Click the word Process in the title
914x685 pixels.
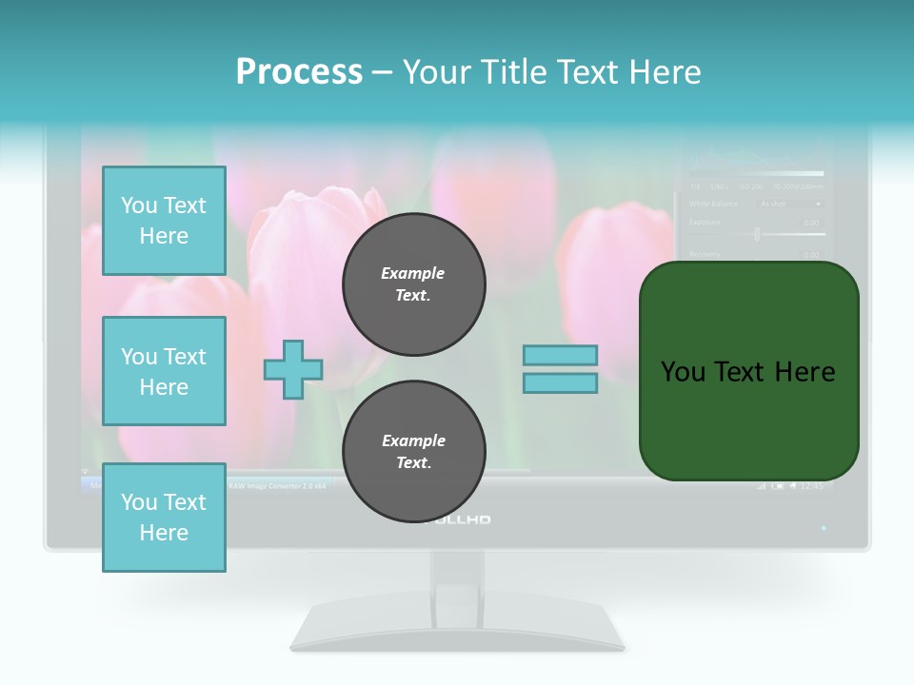(299, 72)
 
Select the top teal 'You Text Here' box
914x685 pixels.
(164, 221)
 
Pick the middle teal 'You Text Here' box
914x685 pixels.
(164, 371)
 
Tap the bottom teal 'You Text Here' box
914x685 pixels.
(164, 518)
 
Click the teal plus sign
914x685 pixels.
(293, 369)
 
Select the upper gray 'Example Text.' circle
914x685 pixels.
(413, 284)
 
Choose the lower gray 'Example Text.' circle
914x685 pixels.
(413, 452)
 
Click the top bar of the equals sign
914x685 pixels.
(560, 355)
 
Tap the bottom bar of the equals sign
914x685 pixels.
(560, 383)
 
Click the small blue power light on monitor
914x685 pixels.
(824, 527)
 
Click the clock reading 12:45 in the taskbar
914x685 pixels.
(812, 486)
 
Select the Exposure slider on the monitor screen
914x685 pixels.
(757, 234)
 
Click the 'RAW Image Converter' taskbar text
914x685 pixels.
(277, 485)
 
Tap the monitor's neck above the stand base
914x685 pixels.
(457, 576)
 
